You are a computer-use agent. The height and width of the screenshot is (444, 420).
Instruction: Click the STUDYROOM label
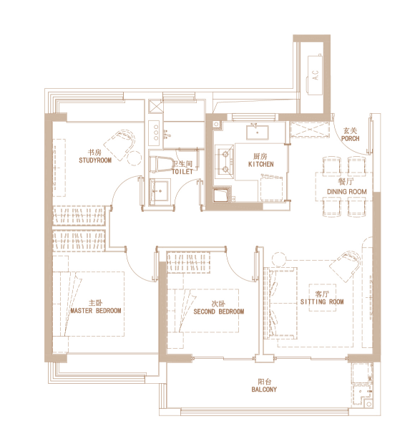pos(95,160)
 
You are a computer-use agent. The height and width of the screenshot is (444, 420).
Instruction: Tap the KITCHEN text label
pos(260,164)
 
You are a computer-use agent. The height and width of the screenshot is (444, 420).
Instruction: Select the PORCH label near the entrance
pos(350,139)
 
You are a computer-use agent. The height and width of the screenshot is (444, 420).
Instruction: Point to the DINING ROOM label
pos(347,192)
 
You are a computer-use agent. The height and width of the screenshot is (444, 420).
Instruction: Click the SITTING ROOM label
pos(322,302)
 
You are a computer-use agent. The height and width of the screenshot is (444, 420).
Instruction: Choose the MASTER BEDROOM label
pos(96,311)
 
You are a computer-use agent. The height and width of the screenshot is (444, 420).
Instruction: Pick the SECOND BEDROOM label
pos(219,312)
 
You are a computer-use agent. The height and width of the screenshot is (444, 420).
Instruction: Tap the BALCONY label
pos(264,390)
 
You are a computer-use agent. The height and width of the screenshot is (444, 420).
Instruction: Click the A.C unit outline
pos(315,74)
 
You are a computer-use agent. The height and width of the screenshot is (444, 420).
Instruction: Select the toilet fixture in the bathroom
pos(161,165)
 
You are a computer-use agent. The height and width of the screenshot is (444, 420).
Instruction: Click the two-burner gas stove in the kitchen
pos(224,162)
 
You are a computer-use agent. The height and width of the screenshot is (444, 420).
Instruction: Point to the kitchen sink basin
pos(257,132)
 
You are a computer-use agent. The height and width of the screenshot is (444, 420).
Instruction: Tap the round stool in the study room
pos(134,158)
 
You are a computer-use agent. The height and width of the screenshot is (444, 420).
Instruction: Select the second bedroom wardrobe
pos(188,262)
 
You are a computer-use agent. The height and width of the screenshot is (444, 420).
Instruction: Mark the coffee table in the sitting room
pos(323,298)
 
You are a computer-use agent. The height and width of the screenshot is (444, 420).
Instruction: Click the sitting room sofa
pos(280,303)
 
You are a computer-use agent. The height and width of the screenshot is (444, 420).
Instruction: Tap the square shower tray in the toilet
pos(160,190)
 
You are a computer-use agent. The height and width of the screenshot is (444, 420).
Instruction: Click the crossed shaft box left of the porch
pos(311,130)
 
